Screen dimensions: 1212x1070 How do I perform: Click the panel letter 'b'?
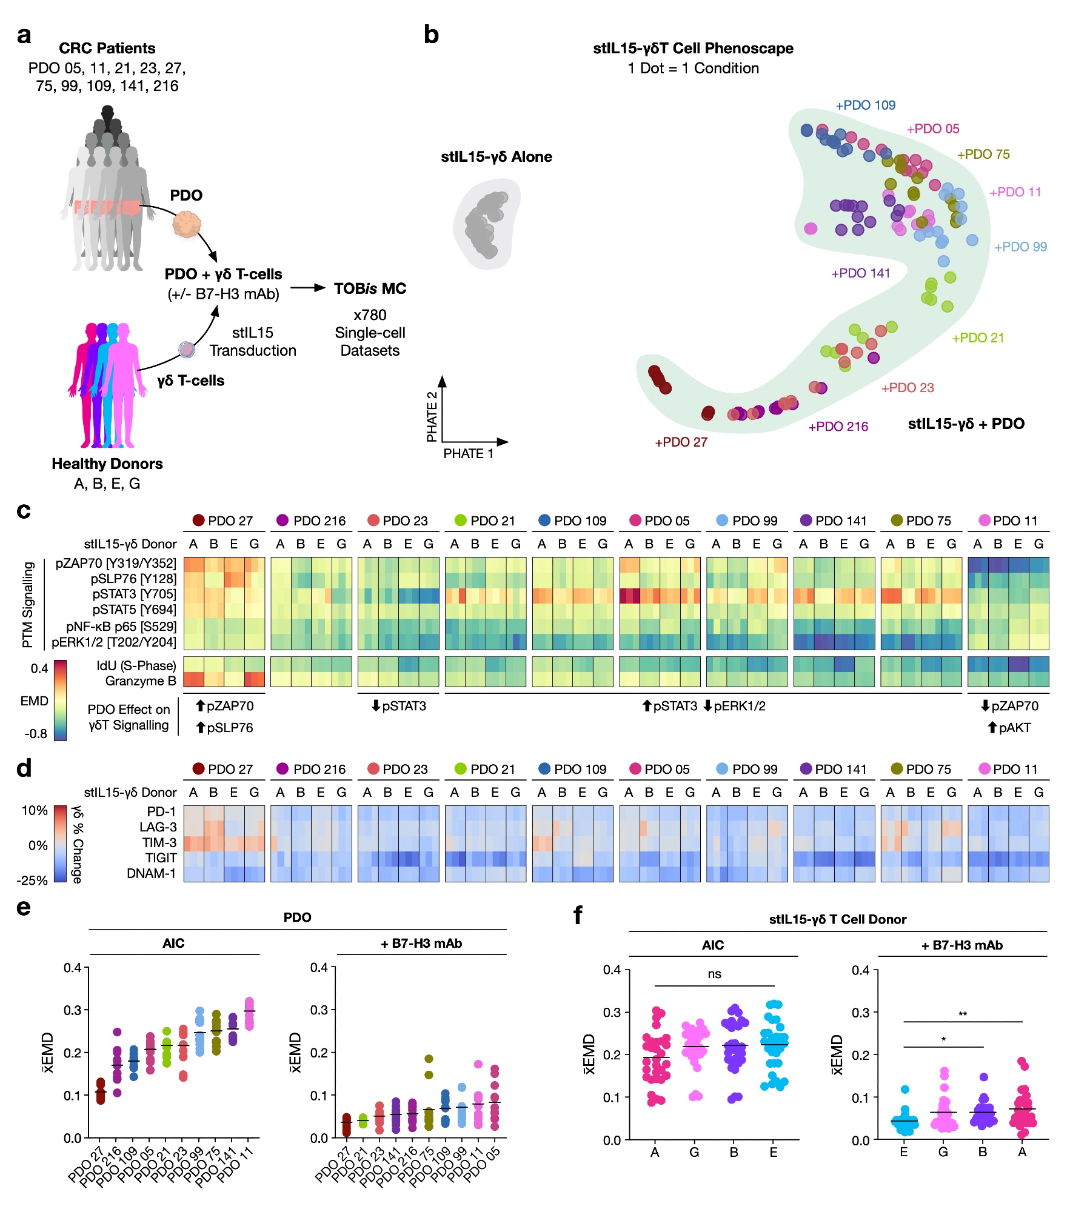pos(431,35)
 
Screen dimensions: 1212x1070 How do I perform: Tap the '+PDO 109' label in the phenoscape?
pos(865,105)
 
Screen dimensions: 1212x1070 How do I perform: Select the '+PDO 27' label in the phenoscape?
pos(681,442)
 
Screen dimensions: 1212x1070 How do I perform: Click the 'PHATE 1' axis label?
pos(468,454)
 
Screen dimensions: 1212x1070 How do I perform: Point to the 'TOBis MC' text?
pos(370,289)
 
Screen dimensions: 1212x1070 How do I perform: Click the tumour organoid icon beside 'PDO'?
pos(186,224)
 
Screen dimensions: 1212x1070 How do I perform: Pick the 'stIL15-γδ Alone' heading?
pos(497,157)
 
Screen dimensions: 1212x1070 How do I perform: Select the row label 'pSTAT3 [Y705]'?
pos(134,594)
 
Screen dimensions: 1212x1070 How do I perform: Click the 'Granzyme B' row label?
pos(141,681)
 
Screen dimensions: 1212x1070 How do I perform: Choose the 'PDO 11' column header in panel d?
pos(1008,770)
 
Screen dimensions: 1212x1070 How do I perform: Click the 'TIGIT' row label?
pos(161,858)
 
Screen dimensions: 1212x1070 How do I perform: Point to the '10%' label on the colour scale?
pos(35,811)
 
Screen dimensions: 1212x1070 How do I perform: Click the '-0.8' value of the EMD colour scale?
pos(36,734)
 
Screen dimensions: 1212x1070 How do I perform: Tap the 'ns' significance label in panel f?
pos(714,974)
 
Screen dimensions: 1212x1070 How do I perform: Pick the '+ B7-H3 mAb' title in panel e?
pos(421,944)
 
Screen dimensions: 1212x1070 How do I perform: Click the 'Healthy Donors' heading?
pos(107,464)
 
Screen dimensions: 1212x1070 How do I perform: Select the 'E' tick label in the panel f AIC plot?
pos(774,1153)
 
